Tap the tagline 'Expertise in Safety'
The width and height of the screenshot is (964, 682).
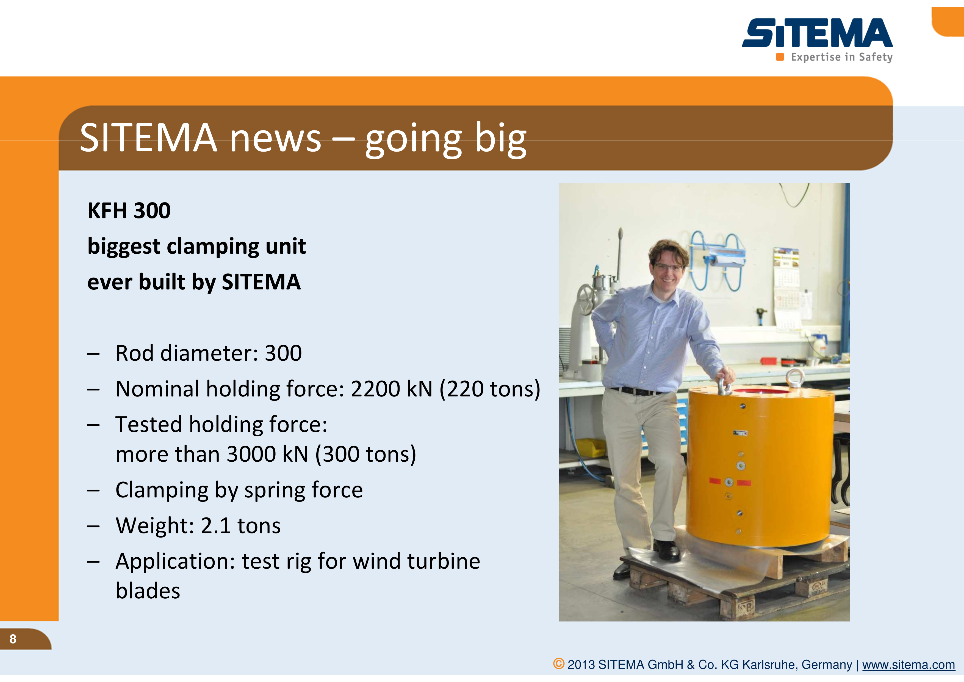(x=841, y=57)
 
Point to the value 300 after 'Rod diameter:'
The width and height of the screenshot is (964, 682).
(x=283, y=353)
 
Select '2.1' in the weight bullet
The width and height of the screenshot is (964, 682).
(x=215, y=526)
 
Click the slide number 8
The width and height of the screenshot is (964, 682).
(x=13, y=639)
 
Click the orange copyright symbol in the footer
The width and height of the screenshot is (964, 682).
(x=558, y=664)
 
